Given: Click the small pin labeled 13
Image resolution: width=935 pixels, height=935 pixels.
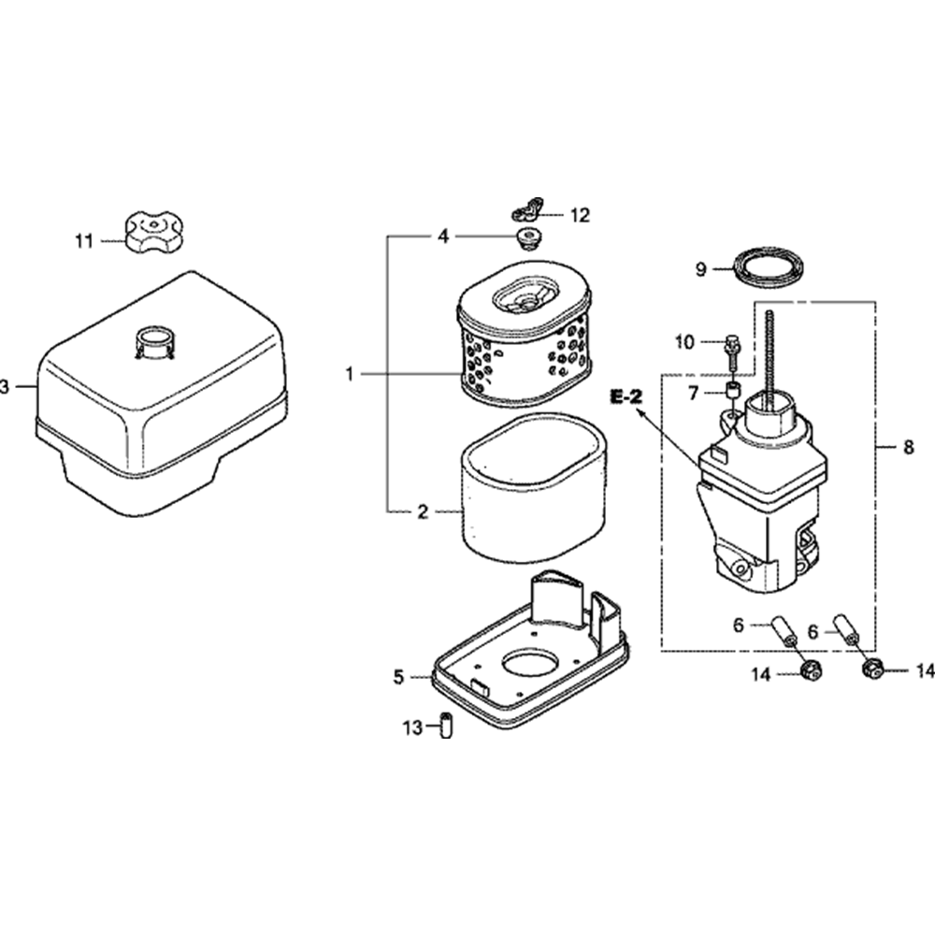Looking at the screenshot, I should point(446,725).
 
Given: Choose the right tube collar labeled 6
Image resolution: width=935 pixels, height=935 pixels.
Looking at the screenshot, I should point(853,626).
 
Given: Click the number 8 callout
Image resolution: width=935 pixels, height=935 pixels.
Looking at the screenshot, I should point(909,448).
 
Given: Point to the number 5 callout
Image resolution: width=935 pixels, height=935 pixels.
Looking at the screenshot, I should point(399,677).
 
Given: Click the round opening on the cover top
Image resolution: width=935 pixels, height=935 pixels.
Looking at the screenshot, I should point(155,337).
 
